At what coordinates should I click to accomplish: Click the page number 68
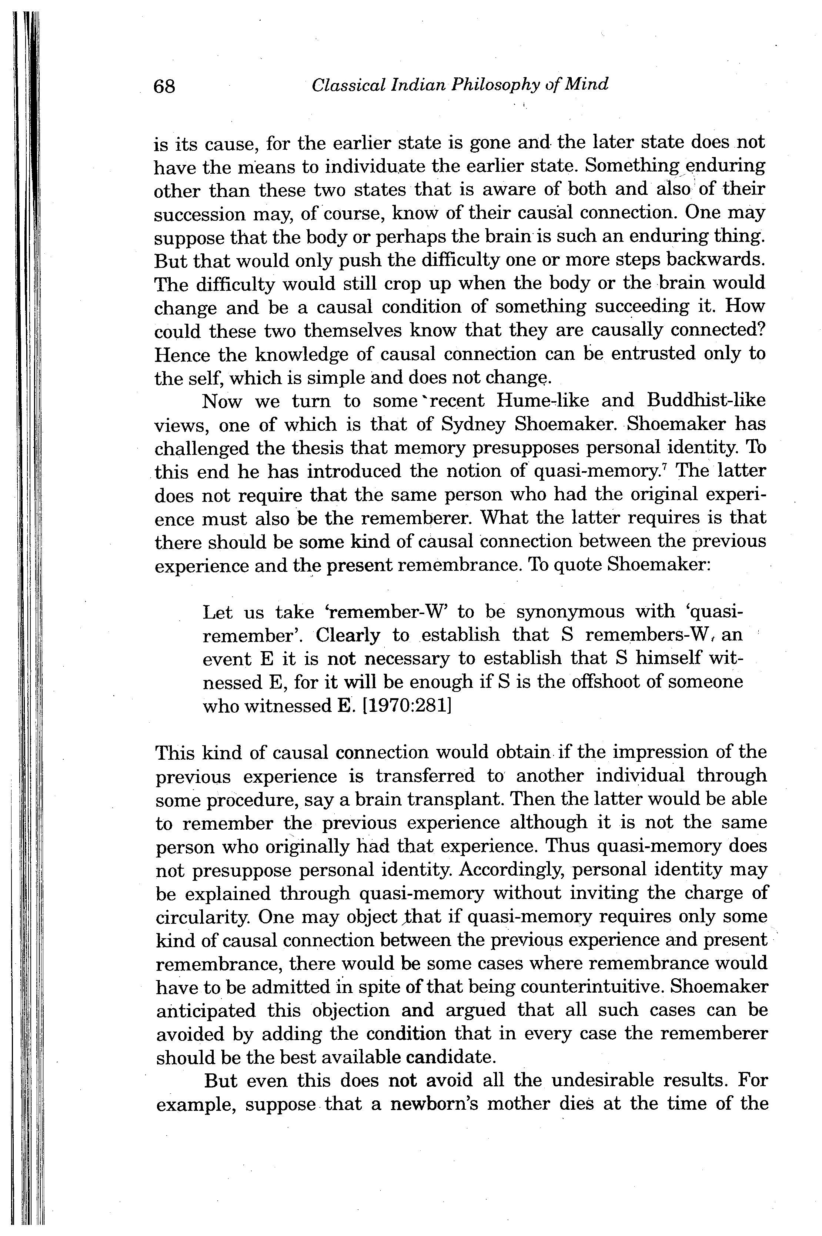pos(164,86)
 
